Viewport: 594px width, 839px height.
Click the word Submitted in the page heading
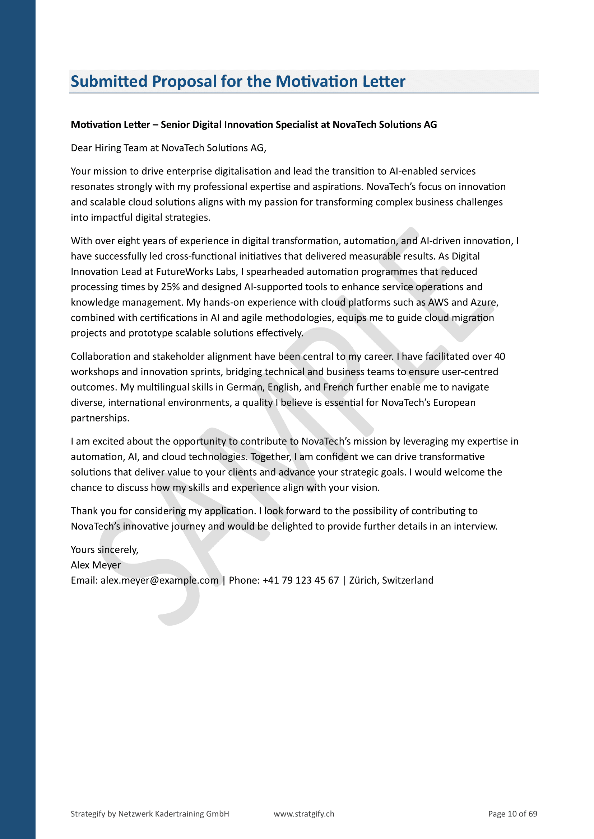coord(108,81)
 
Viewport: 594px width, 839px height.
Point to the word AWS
coord(438,302)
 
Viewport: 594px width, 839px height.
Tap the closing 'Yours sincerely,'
coord(105,550)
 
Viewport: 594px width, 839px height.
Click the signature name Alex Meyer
coord(96,565)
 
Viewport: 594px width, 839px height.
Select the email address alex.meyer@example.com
coord(159,580)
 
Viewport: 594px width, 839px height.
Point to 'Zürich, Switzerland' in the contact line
coord(391,580)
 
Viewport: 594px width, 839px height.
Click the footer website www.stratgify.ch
coord(304,814)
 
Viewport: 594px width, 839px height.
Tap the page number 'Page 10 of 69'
coord(512,814)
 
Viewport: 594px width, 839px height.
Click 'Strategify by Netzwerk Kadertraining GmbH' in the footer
coord(150,814)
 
